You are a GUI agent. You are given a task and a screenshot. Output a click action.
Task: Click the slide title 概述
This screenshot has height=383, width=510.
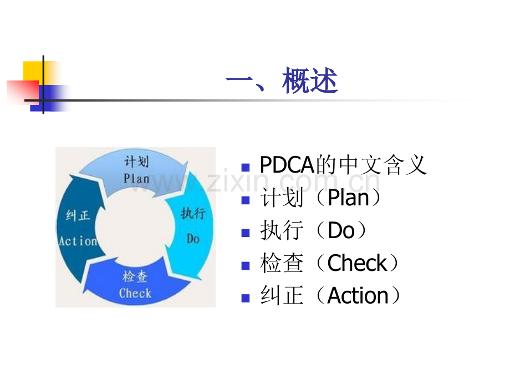[x=309, y=80]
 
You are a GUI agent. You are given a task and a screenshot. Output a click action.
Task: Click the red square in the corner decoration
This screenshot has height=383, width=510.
[x=23, y=92]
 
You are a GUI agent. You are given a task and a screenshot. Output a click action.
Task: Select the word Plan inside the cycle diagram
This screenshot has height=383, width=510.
[x=136, y=179]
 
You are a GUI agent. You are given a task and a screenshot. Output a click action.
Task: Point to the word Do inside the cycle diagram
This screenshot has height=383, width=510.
[x=193, y=239]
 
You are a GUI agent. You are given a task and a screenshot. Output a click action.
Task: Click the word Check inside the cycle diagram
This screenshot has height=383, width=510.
[x=135, y=293]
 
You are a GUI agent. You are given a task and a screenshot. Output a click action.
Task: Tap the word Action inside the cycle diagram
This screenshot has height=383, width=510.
[x=78, y=241]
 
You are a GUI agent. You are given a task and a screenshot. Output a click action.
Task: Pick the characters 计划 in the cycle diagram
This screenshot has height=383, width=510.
[x=137, y=161]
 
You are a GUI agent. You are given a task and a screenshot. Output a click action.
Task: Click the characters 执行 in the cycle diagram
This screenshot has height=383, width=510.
[x=193, y=213]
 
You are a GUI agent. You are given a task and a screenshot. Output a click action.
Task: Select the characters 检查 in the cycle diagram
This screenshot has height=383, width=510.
[x=135, y=276]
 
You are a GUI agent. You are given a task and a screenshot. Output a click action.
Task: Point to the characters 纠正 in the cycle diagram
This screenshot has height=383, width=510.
[x=78, y=215]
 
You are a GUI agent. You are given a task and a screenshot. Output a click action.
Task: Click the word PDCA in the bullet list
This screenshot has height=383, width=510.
[x=287, y=165]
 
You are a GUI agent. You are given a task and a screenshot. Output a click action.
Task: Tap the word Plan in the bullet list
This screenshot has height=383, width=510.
[x=348, y=198]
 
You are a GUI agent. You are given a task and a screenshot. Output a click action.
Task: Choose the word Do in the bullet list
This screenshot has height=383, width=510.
[x=341, y=230]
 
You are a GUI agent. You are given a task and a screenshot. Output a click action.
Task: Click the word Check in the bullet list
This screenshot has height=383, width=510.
[x=357, y=263]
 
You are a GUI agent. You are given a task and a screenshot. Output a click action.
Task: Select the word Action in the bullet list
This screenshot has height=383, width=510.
[x=358, y=295]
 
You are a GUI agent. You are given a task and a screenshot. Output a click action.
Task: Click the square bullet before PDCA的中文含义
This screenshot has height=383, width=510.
[x=246, y=168]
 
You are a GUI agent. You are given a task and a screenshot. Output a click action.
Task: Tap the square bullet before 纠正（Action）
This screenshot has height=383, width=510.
[x=246, y=298]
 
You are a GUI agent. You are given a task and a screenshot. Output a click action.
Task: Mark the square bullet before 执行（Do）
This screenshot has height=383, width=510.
[x=246, y=233]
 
